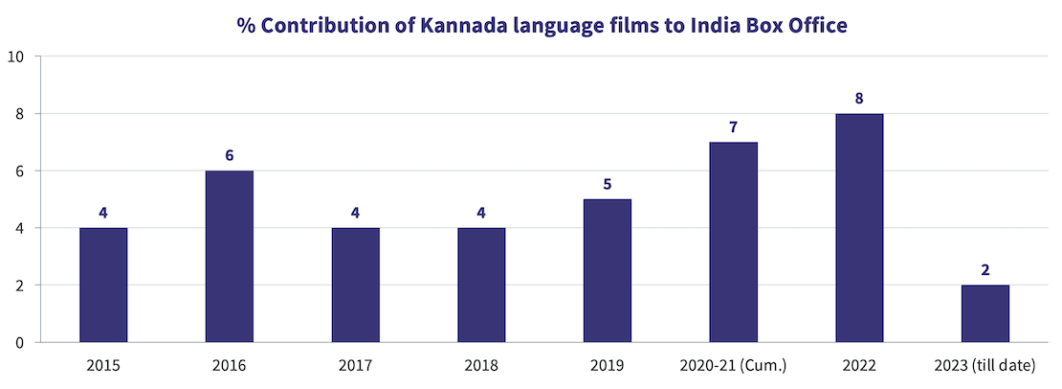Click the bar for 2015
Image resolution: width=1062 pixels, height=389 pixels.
coord(103,285)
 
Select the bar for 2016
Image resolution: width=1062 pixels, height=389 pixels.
coord(230,256)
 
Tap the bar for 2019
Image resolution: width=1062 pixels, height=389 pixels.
coord(608,270)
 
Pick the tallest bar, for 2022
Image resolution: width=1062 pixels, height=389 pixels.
coord(859,228)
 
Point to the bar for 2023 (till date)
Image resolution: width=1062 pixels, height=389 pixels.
coord(985,313)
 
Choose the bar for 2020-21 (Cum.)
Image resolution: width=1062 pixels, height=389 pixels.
coord(734,241)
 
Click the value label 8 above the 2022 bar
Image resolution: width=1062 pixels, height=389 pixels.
coord(859,98)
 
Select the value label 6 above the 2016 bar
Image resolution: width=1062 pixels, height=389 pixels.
coord(230,155)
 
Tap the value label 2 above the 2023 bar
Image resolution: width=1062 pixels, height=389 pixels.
coord(985,269)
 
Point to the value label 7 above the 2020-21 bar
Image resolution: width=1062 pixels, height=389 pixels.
coord(734,126)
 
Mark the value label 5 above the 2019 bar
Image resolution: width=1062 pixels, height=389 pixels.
coord(608,184)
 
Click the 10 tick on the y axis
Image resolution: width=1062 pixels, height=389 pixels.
coord(15,57)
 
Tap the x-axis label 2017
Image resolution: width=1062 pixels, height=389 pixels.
coord(355,365)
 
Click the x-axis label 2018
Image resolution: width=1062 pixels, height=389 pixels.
coord(481,365)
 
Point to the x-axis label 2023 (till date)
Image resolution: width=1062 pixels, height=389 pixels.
coord(985,365)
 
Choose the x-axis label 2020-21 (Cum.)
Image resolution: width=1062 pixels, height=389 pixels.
coord(734,365)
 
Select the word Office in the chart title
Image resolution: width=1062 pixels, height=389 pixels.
coord(815,26)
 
